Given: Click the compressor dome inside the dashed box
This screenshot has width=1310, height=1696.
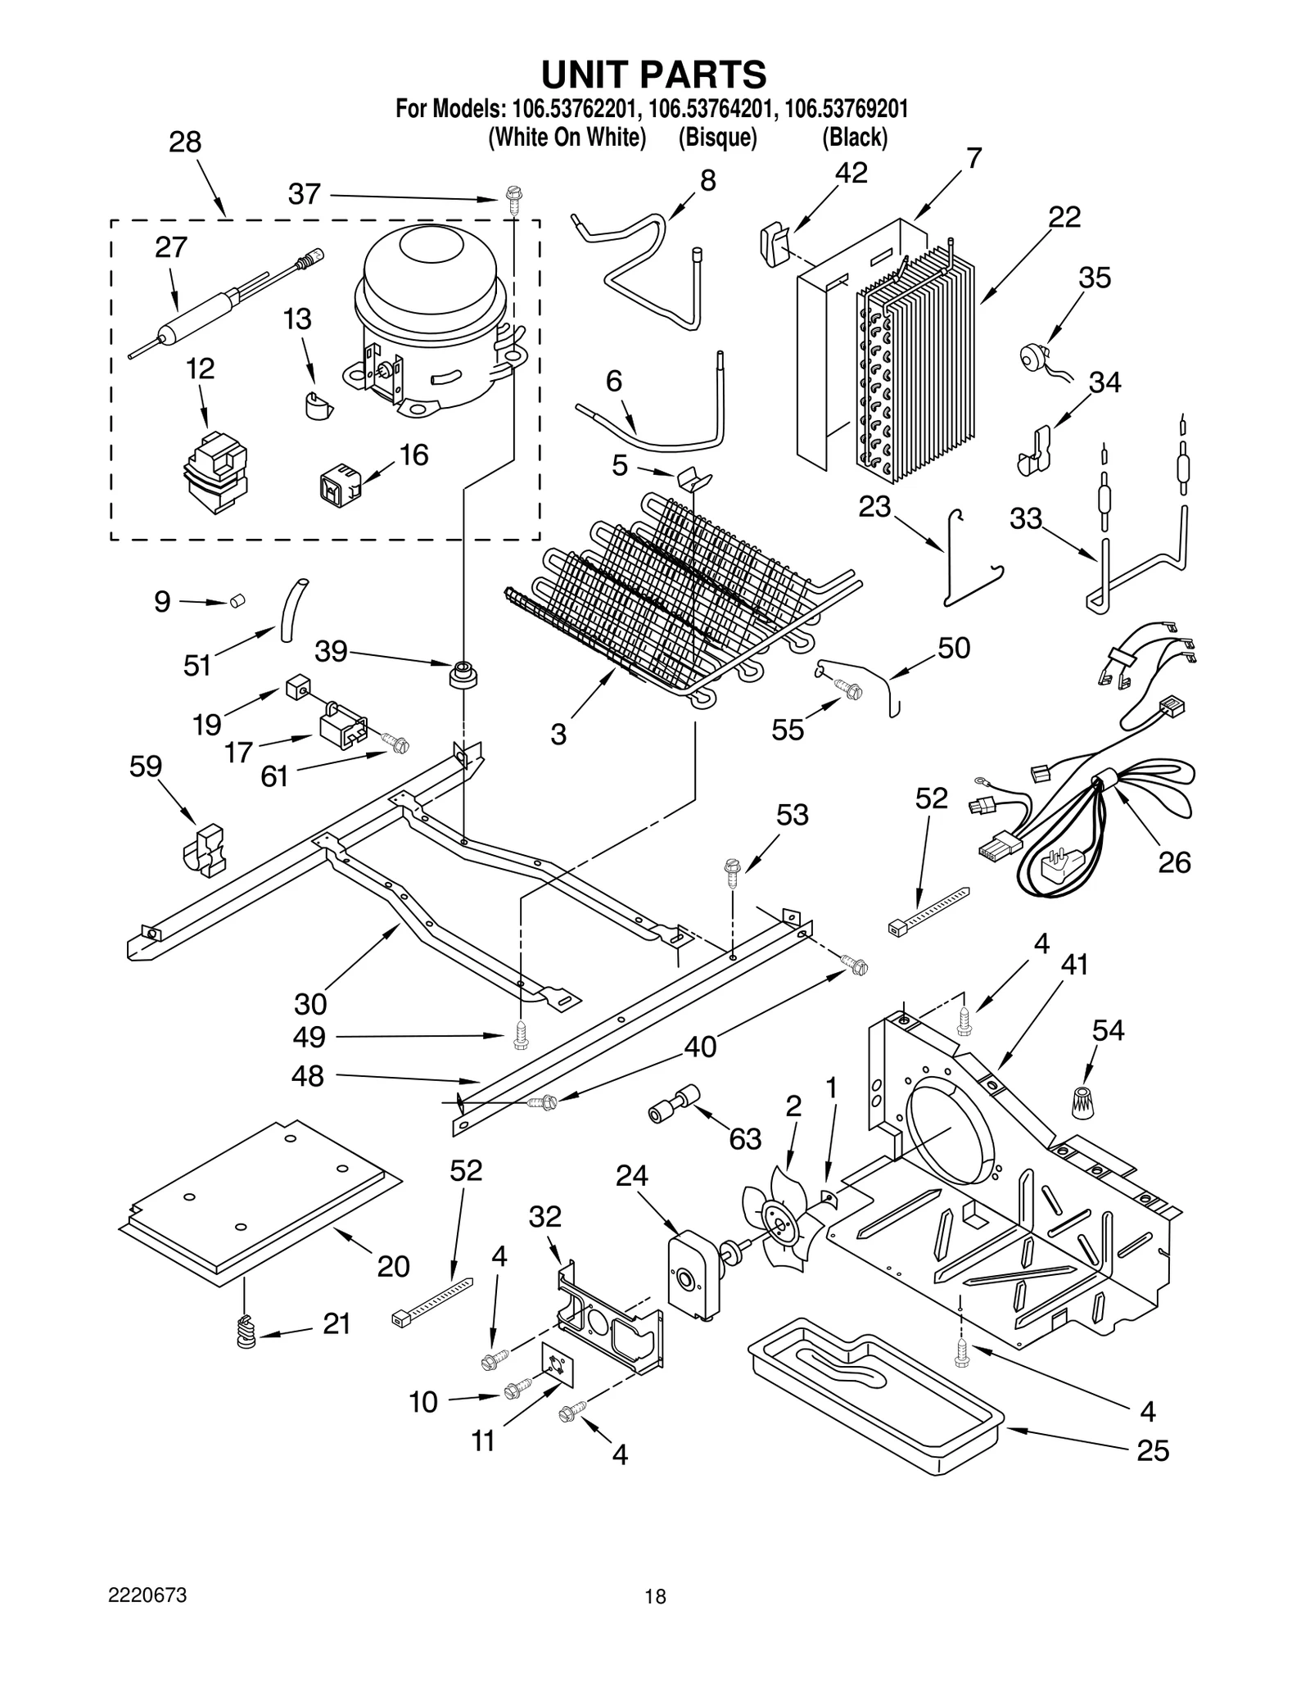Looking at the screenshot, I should [430, 283].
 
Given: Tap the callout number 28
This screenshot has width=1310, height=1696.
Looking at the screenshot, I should [185, 142].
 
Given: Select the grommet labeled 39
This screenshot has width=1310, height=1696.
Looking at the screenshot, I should [464, 676].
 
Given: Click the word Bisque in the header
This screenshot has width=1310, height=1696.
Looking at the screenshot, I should [717, 137].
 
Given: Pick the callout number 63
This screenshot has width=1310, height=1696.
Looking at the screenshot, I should [745, 1138].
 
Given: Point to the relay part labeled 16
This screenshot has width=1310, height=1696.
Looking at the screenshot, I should [337, 483].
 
